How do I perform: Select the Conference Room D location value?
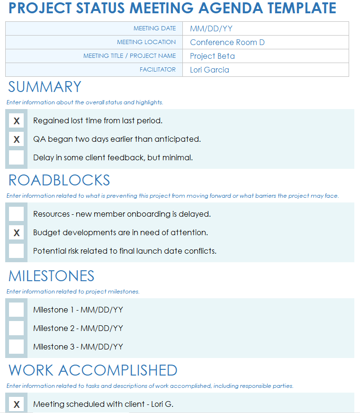click(227, 42)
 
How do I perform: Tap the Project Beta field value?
click(212, 56)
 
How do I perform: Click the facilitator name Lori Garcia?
click(209, 70)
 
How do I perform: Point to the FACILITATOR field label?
click(157, 70)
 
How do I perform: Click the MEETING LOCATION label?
click(146, 42)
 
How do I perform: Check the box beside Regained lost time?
click(17, 121)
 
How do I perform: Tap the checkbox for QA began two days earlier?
click(17, 139)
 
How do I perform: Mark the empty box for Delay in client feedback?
click(17, 158)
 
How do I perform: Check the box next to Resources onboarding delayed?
click(17, 214)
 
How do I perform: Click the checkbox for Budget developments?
click(17, 233)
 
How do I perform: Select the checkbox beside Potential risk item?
click(17, 251)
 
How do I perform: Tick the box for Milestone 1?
click(17, 310)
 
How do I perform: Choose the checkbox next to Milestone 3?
click(17, 347)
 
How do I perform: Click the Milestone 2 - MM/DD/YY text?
click(78, 328)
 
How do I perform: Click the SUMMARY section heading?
click(45, 87)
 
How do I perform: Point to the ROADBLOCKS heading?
click(59, 180)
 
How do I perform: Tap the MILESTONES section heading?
click(52, 276)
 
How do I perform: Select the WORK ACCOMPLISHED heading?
click(93, 370)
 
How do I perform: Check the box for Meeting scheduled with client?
click(17, 404)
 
